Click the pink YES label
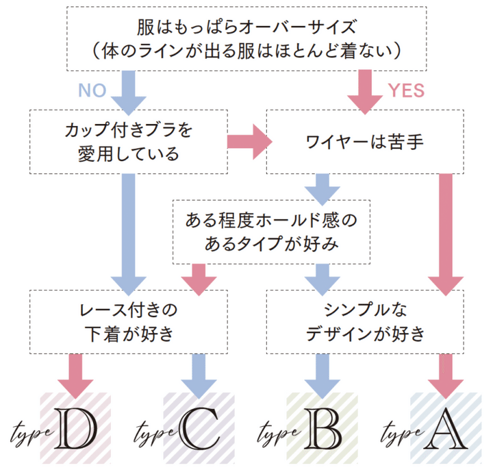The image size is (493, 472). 407,90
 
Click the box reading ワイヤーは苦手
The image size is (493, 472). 365,143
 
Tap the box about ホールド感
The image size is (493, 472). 271,232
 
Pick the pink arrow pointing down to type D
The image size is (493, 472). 76,373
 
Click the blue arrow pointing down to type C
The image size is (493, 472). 199,373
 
